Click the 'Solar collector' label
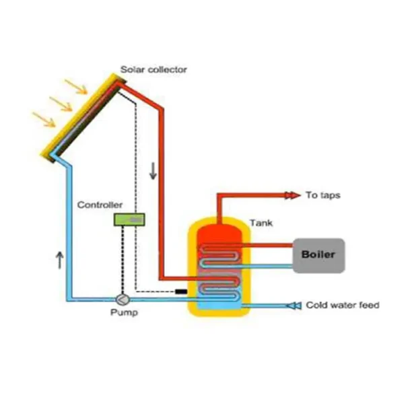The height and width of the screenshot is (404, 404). coord(154,69)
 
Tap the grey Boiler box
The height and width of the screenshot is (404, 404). coord(318,255)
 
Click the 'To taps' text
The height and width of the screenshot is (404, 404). coord(323,195)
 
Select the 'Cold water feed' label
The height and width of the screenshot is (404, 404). coord(342,305)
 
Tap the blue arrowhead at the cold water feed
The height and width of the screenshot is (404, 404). coord(293,306)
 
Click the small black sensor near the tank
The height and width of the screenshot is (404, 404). coord(180,292)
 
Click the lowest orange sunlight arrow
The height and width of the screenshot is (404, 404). coord(44,120)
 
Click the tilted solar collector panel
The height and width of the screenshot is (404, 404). coord(84,118)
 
